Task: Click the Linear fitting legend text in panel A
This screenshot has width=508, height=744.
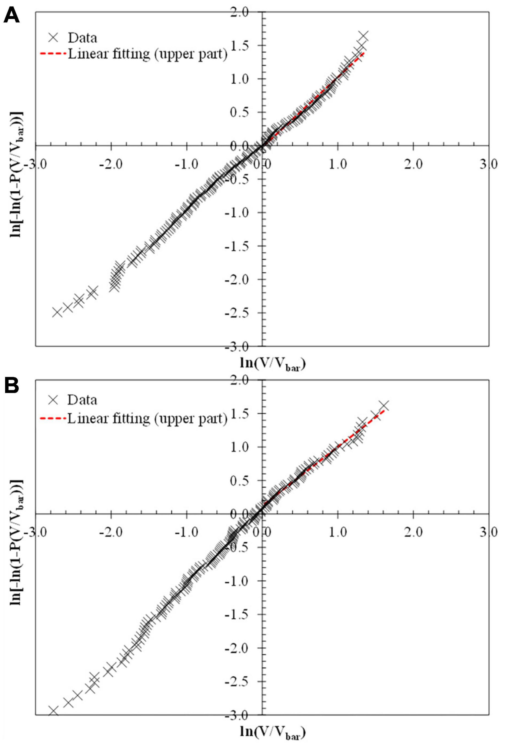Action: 147,54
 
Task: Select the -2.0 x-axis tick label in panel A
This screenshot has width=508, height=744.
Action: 111,164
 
